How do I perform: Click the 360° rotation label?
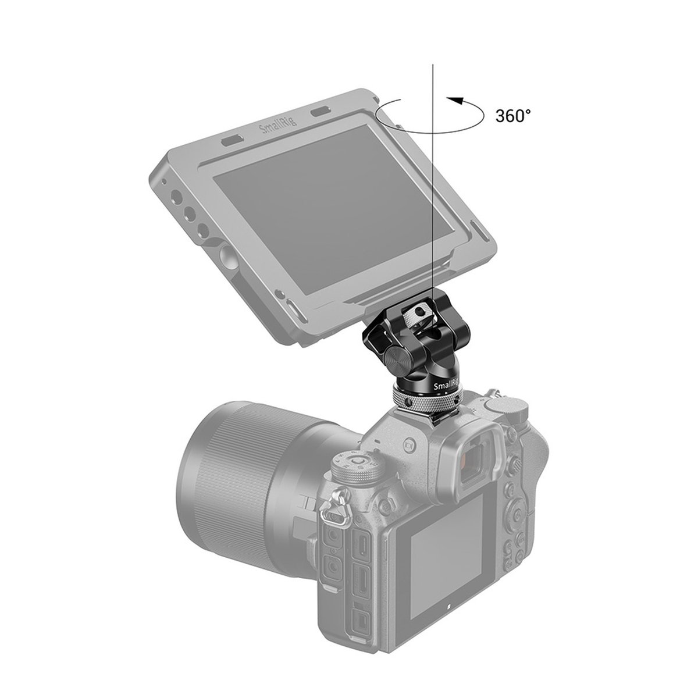point(513,115)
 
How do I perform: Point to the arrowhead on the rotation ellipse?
point(451,101)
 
